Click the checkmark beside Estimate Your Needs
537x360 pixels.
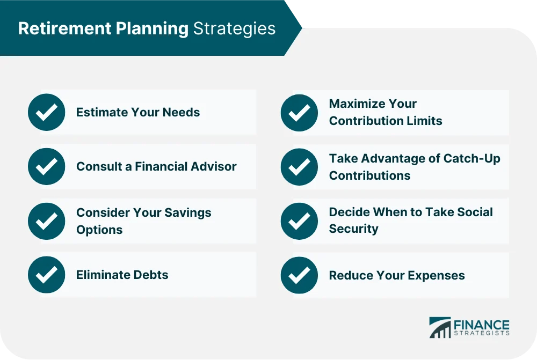[x=46, y=113]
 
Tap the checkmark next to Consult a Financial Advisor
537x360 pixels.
[x=46, y=166]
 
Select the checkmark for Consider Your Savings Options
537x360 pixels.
[x=46, y=221]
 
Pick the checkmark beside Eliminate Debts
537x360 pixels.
[x=46, y=275]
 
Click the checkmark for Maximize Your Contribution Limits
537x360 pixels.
[x=299, y=113]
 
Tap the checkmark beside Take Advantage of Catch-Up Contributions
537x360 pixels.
[x=299, y=166]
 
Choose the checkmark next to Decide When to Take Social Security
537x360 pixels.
[x=299, y=221]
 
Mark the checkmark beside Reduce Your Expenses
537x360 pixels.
[x=299, y=275]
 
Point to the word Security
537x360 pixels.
[x=353, y=229]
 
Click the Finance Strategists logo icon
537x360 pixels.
[x=440, y=328]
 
